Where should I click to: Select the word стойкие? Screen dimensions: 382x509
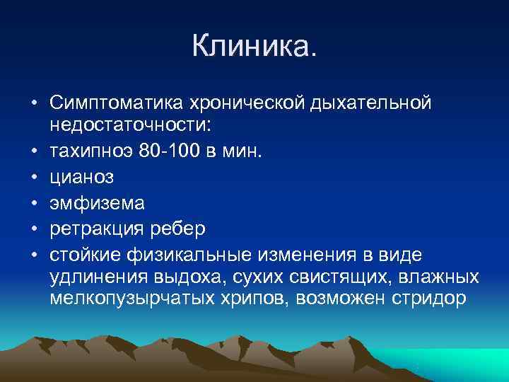click(x=85, y=254)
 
